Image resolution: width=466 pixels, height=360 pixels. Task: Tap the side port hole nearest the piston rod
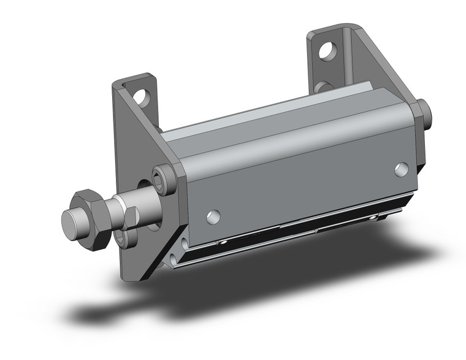click(x=213, y=216)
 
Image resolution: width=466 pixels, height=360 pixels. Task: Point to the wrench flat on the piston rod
click(x=131, y=216)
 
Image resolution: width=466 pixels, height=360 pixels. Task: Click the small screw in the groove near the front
click(x=225, y=244)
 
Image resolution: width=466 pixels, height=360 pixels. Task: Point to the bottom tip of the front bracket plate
click(x=131, y=279)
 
